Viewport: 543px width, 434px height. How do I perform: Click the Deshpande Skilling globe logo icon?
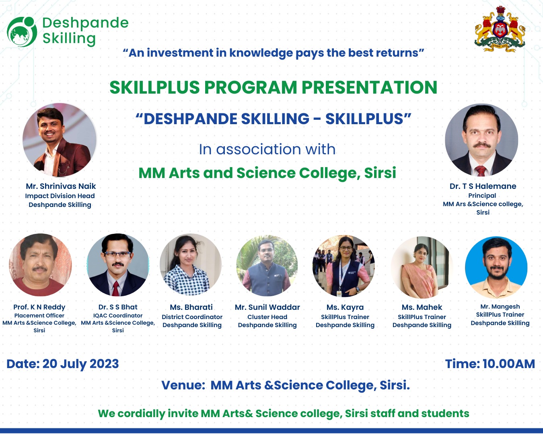coord(22,31)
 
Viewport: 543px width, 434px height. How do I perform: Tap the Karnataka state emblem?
coord(500,29)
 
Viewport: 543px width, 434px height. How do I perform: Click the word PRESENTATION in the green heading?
coord(369,88)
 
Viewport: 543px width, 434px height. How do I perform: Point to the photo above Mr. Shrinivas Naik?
coord(60,140)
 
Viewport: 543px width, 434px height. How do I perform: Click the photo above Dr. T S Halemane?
coord(481,140)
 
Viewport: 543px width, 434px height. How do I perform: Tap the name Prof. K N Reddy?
coord(39,307)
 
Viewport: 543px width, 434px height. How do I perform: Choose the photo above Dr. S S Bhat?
coord(118,265)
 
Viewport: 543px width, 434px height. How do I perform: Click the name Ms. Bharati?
coord(191,307)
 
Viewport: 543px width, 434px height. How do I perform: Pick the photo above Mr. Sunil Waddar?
coord(267,266)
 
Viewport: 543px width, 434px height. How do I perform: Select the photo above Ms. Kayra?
coord(343,266)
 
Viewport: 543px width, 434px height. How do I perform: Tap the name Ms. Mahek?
coord(422,307)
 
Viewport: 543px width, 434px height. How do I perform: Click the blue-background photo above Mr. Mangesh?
coord(496,267)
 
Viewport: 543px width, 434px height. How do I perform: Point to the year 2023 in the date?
coord(104,364)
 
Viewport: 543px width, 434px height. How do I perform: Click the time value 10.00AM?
coord(509,364)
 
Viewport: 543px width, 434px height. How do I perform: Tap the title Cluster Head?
coord(267,317)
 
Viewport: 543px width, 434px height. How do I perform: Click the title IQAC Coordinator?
coord(118,315)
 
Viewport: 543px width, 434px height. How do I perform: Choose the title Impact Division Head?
coord(60,196)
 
